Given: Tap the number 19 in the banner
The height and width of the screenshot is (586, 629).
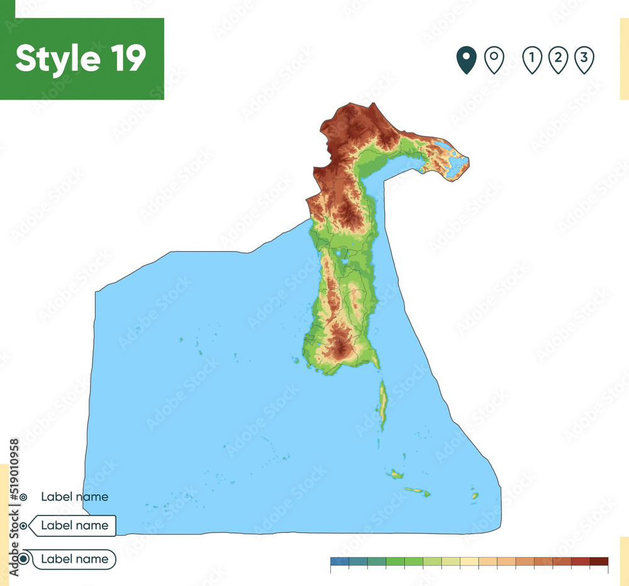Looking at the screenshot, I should coord(126,59).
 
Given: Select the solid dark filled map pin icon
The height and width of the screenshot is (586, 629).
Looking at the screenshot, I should coord(466,60).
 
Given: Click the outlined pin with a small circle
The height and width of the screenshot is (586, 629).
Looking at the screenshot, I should coord(494,60).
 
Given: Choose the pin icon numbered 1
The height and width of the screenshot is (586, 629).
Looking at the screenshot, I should coord(532,60).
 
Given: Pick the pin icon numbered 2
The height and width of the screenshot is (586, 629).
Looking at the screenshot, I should coord(558,60).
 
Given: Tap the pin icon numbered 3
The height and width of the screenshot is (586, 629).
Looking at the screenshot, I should coord(584,60).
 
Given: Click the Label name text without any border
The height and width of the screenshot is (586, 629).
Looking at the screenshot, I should coord(74,497).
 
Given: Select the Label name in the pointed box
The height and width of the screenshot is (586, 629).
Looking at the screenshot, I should coord(74,526).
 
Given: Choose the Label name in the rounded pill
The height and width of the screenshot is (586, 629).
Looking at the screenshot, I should coord(74,559).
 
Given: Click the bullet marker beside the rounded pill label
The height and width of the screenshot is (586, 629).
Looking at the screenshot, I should coord(24,559).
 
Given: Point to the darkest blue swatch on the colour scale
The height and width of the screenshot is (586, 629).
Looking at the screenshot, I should coord(339,561).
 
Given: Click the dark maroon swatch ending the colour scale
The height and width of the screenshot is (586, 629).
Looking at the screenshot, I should coord(599,561).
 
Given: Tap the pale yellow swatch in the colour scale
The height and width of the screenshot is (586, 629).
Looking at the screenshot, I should coord(469,561).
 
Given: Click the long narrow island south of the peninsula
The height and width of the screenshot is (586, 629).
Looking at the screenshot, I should coord(382,403).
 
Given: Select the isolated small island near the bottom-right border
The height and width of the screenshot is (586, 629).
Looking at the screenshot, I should coord(475,496).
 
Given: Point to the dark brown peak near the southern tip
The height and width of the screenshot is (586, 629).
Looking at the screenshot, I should coord(340,344).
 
